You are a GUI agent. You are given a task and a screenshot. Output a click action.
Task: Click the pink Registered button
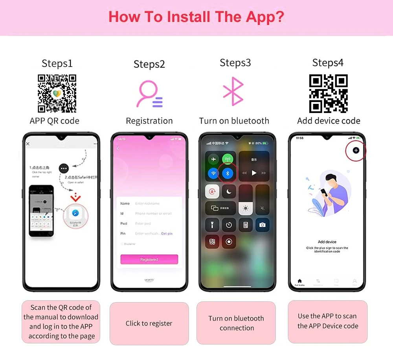click(x=149, y=260)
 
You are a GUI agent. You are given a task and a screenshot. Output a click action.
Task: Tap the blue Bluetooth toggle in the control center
click(x=228, y=173)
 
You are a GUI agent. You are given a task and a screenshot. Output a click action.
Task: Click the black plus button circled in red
click(x=356, y=150)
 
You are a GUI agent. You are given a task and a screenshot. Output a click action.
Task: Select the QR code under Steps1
click(x=57, y=94)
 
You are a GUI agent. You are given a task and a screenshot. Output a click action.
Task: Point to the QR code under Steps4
click(x=329, y=94)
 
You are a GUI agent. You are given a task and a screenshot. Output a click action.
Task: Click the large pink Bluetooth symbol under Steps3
click(x=234, y=91)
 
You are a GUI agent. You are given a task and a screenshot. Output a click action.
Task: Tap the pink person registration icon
click(x=149, y=94)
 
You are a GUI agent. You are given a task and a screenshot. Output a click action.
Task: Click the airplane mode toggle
click(x=213, y=159)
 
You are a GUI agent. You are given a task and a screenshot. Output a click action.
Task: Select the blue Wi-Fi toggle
click(x=213, y=173)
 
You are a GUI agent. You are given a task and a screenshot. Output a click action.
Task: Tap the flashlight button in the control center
click(x=213, y=225)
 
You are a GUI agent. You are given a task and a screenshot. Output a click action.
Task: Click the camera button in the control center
click(x=262, y=225)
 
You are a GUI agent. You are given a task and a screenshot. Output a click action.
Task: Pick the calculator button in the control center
click(x=246, y=225)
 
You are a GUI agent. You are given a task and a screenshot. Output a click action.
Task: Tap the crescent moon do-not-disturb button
click(x=228, y=192)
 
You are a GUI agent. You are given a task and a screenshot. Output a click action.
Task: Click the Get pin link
click(x=167, y=234)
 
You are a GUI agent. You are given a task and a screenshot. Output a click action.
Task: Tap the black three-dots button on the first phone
click(x=64, y=168)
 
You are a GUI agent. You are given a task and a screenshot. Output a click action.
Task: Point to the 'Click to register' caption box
click(x=149, y=323)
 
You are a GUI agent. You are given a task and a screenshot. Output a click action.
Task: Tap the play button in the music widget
click(x=254, y=173)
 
